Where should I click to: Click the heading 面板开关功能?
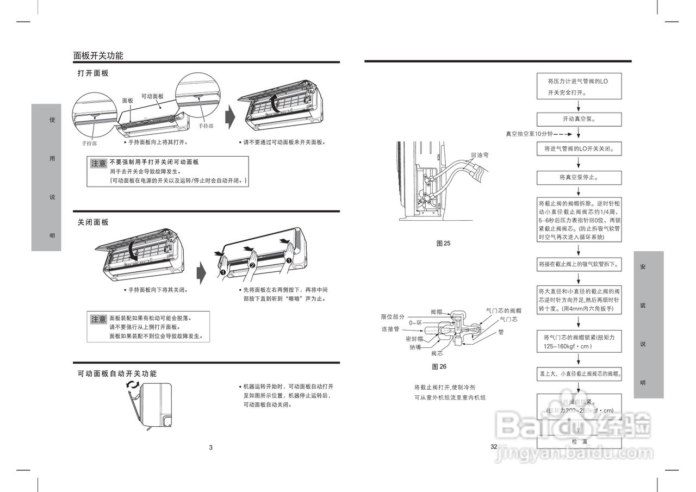click(x=98, y=55)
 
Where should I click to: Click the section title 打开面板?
click(x=93, y=73)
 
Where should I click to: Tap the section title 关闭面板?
click(x=93, y=222)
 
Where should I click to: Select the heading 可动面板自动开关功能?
click(x=117, y=374)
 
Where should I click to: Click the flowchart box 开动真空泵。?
click(x=579, y=119)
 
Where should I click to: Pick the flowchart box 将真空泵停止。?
click(x=579, y=177)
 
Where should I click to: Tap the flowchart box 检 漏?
click(x=579, y=441)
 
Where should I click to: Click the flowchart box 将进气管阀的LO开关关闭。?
click(x=579, y=148)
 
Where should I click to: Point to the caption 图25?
click(x=444, y=244)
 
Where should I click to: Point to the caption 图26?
click(x=439, y=367)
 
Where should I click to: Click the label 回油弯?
click(x=480, y=155)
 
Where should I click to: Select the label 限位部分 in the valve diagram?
click(x=393, y=317)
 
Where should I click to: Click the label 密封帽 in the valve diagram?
click(x=414, y=339)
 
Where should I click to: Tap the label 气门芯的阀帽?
click(x=504, y=310)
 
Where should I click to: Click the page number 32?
click(x=494, y=447)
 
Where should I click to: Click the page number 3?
click(x=211, y=448)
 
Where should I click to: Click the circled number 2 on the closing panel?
click(x=252, y=265)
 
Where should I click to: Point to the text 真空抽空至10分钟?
click(x=529, y=134)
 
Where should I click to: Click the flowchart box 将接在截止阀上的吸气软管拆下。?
click(x=579, y=264)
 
